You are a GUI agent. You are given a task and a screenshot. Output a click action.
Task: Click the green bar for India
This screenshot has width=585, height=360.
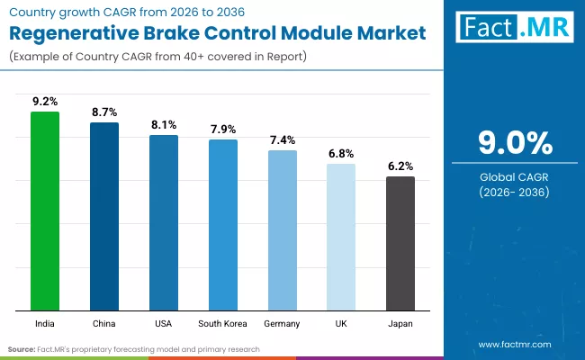[x=45, y=211]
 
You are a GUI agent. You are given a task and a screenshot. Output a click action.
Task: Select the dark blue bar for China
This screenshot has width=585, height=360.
[x=104, y=217]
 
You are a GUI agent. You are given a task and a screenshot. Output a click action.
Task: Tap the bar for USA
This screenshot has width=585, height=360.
[x=164, y=223]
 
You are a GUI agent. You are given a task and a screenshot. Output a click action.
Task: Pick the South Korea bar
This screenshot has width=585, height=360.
[x=223, y=225]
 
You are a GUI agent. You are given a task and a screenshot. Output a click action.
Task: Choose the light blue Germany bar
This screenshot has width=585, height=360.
[x=283, y=230]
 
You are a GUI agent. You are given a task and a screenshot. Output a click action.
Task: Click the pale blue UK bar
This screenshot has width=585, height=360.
[x=341, y=238]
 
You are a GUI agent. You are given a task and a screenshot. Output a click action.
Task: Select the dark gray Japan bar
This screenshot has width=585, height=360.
[x=400, y=244]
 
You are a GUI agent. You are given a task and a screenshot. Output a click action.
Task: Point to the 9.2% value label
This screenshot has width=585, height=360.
[x=45, y=103]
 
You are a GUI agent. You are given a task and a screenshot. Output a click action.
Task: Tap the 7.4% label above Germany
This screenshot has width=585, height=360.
[x=283, y=140]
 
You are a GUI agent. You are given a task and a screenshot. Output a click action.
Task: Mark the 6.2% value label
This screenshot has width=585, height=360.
[x=400, y=166]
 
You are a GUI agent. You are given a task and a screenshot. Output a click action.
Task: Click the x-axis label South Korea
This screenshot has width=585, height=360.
[x=223, y=322]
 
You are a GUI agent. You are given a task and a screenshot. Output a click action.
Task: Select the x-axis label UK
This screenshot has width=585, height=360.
[x=341, y=322]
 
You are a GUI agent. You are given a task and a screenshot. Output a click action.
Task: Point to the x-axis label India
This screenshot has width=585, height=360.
[x=45, y=322]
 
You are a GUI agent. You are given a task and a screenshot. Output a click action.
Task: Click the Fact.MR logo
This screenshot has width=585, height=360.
[x=514, y=28]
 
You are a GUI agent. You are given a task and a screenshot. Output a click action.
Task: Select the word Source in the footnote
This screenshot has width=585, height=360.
[x=22, y=348]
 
